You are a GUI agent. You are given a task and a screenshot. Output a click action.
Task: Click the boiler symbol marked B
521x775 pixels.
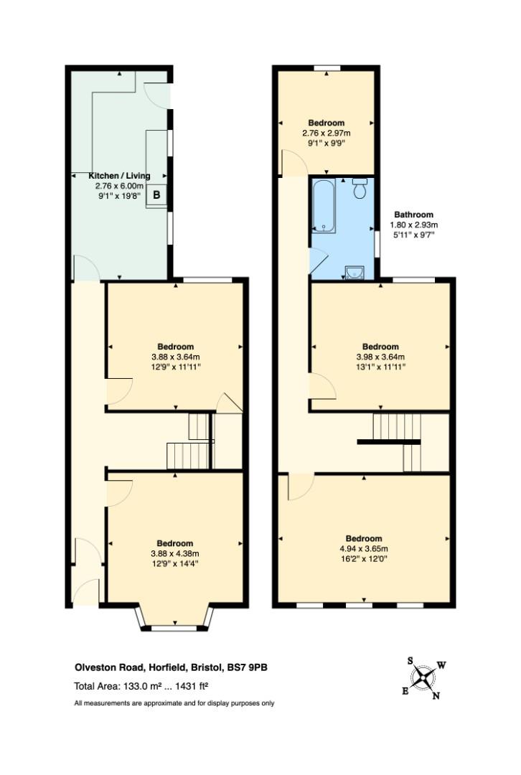point(156,194)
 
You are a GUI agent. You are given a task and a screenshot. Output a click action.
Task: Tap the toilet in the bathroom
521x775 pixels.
point(360,188)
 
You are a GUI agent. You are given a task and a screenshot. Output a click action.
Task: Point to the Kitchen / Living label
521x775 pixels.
point(119,176)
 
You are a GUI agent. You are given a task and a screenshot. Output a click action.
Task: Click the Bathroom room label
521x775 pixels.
point(414,215)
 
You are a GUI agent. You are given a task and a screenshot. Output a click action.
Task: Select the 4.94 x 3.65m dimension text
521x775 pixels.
point(364,549)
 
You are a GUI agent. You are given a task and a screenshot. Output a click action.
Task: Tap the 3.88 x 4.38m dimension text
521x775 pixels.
point(175,553)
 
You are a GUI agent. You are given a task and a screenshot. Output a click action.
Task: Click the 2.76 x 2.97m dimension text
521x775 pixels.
point(327,133)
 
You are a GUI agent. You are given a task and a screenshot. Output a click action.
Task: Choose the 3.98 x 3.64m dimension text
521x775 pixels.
point(380,357)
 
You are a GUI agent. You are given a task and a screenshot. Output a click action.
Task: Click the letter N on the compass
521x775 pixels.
point(436,696)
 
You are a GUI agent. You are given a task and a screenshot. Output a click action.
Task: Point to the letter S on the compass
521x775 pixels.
point(410,661)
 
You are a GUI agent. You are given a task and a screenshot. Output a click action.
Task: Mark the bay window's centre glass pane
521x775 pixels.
point(174,628)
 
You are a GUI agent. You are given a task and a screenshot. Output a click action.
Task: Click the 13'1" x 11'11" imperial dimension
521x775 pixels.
point(380,367)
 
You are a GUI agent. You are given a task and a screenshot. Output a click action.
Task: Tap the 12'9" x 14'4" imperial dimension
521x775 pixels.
point(175,564)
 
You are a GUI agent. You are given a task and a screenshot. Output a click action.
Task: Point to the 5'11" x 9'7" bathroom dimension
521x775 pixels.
point(414,235)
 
